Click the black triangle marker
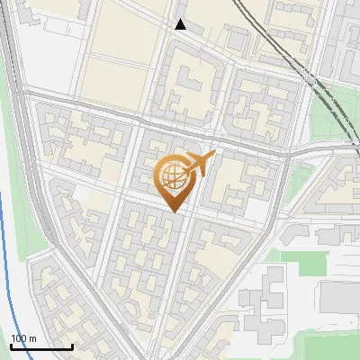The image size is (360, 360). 180,24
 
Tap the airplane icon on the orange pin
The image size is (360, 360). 200,164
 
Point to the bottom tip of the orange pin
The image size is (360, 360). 174,212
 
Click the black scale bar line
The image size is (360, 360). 41,347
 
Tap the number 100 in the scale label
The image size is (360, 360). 19,338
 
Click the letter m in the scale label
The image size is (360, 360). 32,338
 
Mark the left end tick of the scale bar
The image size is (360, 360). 11,346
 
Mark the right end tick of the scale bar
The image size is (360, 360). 72,346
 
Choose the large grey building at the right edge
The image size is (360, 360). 340,297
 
